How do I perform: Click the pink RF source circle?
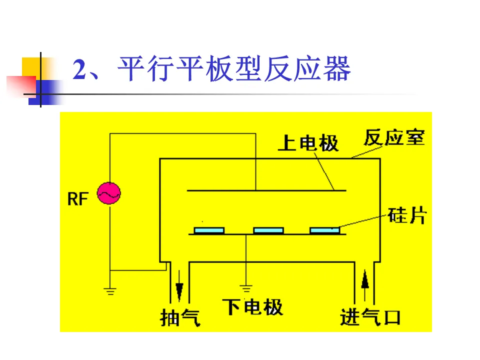point(108,193)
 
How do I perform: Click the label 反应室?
point(394,137)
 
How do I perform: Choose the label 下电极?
point(252,306)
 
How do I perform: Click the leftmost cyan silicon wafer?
point(209,230)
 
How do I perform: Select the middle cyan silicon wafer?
point(268,230)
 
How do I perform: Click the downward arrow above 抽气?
point(179,289)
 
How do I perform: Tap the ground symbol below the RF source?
point(110,290)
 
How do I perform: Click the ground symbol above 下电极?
point(245,288)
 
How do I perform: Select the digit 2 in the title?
point(80,69)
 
